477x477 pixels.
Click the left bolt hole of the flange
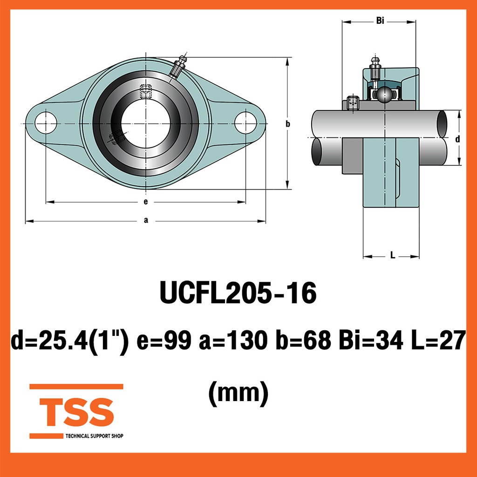(46, 123)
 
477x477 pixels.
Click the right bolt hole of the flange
(245, 123)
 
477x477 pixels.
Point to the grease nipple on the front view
(177, 67)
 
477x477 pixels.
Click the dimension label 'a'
(146, 220)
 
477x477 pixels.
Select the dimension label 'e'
(146, 201)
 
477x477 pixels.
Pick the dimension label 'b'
(288, 124)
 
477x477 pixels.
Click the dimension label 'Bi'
(380, 20)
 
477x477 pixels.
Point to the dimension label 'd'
(457, 139)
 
